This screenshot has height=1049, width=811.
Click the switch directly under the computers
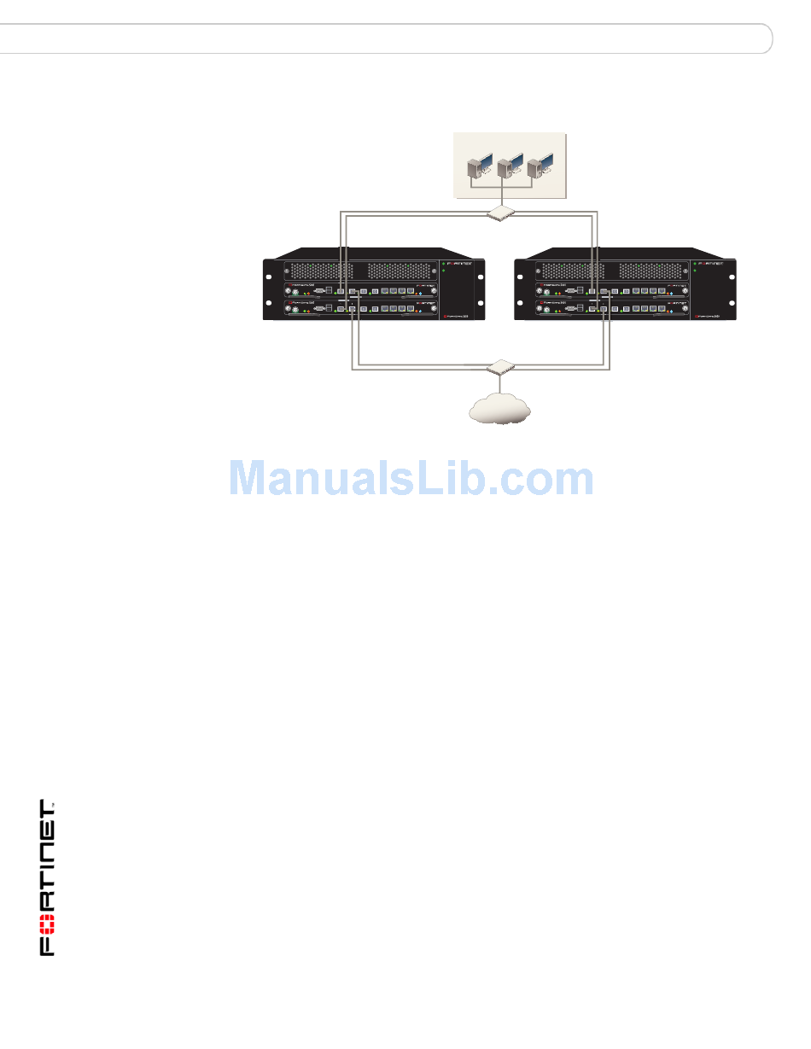tap(499, 213)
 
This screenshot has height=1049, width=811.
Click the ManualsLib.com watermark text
tap(411, 479)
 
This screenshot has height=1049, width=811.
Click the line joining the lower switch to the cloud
tap(499, 383)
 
